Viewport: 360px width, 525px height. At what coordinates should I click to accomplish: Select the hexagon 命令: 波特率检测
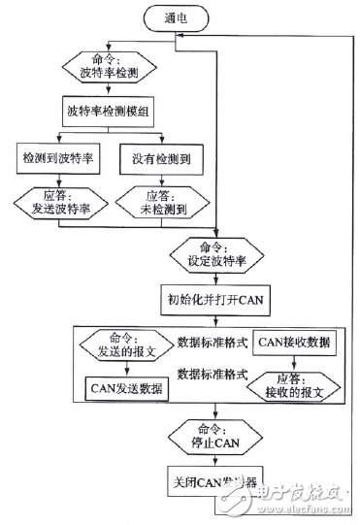tap(109, 65)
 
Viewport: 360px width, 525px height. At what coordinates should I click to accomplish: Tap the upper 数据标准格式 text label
tap(212, 342)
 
